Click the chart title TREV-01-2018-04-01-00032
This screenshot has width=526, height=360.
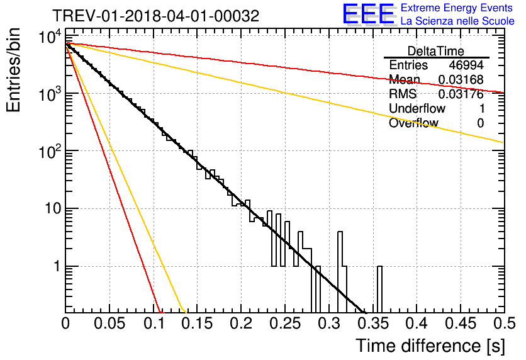click(156, 16)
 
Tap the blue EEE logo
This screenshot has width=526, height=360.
click(369, 14)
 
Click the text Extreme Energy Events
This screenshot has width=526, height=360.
click(457, 8)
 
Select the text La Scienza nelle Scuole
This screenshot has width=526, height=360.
click(457, 21)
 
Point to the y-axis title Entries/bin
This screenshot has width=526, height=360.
click(13, 70)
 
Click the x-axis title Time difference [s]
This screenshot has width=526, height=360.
click(430, 346)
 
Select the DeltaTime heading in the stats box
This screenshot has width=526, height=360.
click(436, 51)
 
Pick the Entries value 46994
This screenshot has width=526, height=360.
click(466, 65)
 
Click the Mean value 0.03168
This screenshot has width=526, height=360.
click(461, 79)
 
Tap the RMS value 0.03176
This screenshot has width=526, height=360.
click(461, 94)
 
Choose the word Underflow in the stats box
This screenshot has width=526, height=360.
click(417, 108)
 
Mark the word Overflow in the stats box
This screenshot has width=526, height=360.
click(413, 123)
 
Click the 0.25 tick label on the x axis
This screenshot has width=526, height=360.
click(285, 323)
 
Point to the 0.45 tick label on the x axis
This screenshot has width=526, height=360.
click(461, 323)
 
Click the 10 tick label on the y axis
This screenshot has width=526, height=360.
click(53, 209)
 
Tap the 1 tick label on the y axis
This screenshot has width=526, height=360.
click(57, 267)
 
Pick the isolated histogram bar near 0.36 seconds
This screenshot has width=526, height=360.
click(379, 290)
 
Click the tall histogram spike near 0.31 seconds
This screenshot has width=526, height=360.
click(340, 272)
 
